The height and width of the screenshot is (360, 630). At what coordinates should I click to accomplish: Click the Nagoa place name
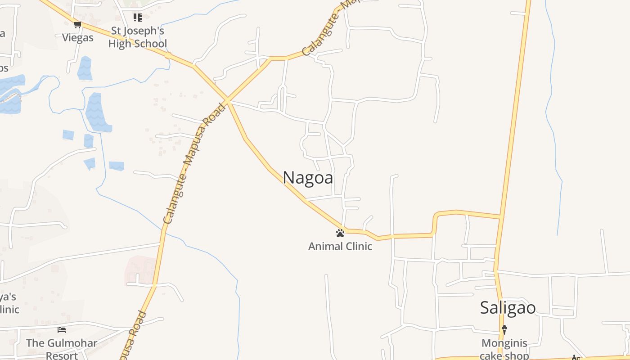pyautogui.click(x=308, y=178)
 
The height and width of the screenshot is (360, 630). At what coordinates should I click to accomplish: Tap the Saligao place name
pyautogui.click(x=508, y=308)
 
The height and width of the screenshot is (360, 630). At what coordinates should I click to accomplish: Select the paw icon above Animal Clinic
pyautogui.click(x=340, y=233)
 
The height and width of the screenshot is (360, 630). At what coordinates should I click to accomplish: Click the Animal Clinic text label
pyautogui.click(x=340, y=247)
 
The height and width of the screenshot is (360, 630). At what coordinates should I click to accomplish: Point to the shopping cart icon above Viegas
pyautogui.click(x=78, y=24)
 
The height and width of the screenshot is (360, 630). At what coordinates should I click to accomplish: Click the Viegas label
pyautogui.click(x=78, y=38)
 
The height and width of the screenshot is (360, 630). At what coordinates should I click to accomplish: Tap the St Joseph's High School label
pyautogui.click(x=138, y=37)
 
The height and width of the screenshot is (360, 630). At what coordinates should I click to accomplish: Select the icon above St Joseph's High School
pyautogui.click(x=138, y=18)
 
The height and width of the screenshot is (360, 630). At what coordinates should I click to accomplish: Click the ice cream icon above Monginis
pyautogui.click(x=504, y=329)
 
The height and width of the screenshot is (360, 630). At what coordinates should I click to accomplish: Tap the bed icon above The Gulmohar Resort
pyautogui.click(x=62, y=330)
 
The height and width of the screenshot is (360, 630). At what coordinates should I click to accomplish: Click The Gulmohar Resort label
pyautogui.click(x=62, y=349)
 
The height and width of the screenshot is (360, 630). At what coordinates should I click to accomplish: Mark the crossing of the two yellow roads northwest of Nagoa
pyautogui.click(x=228, y=100)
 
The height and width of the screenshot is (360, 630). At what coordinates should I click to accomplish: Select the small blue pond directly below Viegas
pyautogui.click(x=85, y=68)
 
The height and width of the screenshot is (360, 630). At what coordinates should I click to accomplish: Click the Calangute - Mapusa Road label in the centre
pyautogui.click(x=194, y=164)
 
